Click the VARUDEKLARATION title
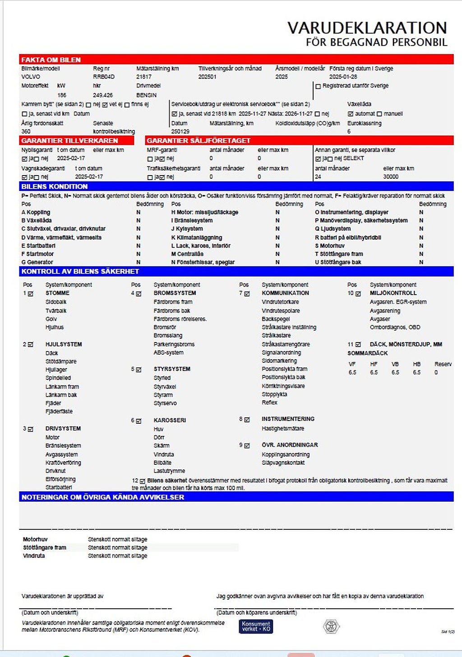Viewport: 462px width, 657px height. [367, 28]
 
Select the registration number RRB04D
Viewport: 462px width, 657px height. [104, 77]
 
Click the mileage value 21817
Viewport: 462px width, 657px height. [144, 77]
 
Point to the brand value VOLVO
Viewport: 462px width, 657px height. [31, 77]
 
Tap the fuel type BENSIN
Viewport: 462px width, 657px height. [147, 95]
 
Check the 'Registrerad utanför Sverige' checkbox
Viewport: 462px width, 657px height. [318, 86]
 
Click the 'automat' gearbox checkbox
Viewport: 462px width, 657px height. [351, 114]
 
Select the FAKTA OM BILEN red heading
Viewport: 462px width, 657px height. [51, 60]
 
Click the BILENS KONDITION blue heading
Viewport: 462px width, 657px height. [55, 186]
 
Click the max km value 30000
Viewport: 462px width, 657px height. [391, 177]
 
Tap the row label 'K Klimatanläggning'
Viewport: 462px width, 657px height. [197, 237]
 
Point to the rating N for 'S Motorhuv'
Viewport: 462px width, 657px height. [421, 246]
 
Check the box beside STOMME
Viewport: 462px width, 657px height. [31, 294]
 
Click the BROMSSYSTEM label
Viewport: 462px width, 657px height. [175, 293]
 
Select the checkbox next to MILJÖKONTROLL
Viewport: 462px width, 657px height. [358, 294]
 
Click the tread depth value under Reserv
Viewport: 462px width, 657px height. [436, 373]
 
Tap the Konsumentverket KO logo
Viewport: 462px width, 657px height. [256, 626]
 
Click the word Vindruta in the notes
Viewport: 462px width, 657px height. [34, 556]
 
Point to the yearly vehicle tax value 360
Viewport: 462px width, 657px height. [26, 131]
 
